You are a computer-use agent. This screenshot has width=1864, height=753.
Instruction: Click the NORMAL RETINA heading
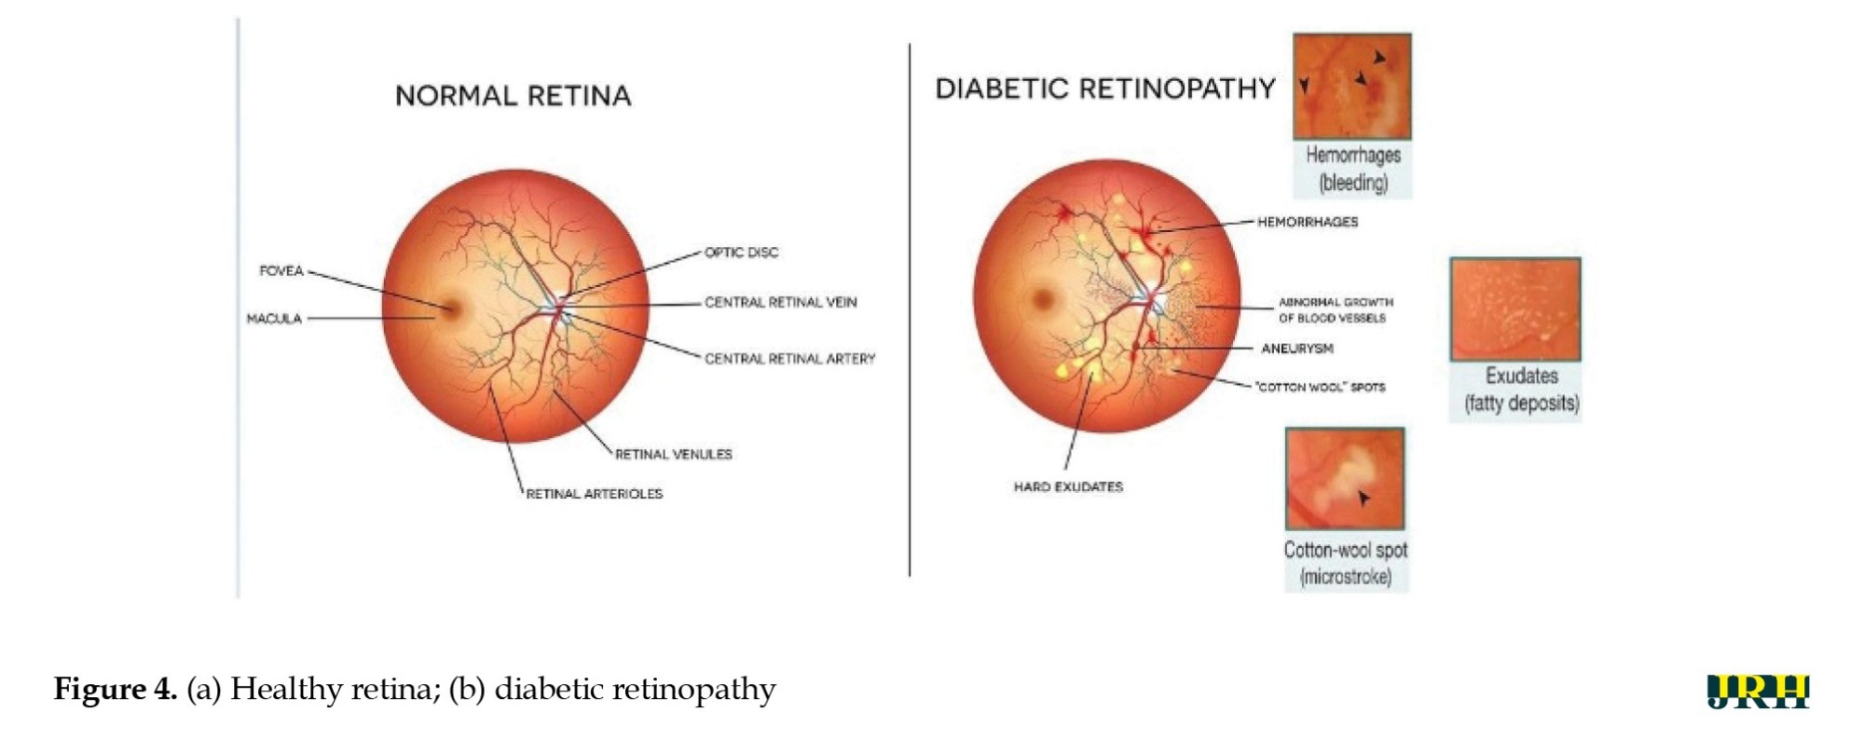pos(513,96)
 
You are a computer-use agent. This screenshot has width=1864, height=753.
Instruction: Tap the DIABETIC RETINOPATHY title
pos(1104,89)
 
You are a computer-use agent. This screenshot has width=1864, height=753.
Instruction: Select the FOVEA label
pos(281,271)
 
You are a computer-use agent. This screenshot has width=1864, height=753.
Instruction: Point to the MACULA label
pos(274,319)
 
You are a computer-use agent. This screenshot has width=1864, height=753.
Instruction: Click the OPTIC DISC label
pos(741,253)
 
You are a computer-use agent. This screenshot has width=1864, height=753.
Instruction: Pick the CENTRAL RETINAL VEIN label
pos(780,303)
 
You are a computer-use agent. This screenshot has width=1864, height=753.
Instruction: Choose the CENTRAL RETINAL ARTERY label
pos(789,359)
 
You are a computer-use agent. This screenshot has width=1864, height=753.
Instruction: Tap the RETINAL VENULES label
pos(673,455)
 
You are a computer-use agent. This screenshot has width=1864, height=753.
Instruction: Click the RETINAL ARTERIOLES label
pos(594,494)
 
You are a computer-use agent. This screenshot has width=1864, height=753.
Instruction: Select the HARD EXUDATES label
pos(1068,486)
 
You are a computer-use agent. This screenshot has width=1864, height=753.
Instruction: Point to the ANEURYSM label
pos(1296,349)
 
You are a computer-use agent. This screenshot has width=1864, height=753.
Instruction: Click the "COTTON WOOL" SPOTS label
pos(1320,387)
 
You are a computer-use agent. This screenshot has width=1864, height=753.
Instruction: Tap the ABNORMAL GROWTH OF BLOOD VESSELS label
pos(1335,310)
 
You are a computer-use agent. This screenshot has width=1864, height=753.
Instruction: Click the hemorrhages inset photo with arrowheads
pos(1351,86)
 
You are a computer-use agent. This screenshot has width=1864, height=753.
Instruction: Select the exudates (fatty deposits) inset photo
pos(1514,309)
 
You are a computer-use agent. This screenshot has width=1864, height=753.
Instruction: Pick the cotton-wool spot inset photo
pos(1345,479)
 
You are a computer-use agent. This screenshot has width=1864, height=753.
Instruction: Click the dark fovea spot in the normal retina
pos(452,308)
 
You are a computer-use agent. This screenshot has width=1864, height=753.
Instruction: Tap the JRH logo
pos(1758,691)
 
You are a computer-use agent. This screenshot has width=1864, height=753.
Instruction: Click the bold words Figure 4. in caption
pos(115,690)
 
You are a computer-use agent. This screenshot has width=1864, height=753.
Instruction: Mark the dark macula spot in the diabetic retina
pos(1042,299)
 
